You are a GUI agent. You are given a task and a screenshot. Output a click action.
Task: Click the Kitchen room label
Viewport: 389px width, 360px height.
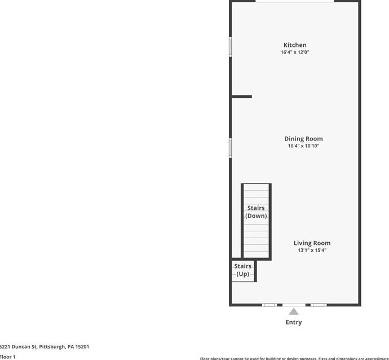click(x=295, y=45)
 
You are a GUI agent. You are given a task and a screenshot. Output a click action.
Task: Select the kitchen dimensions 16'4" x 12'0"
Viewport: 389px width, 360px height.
click(x=295, y=52)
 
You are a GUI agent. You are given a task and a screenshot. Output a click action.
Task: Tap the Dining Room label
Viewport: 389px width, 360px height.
click(x=303, y=139)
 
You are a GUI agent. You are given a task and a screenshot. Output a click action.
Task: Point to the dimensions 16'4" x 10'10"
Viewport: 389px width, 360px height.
click(x=303, y=146)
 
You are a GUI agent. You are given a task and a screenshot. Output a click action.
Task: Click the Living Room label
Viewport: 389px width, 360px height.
click(x=312, y=243)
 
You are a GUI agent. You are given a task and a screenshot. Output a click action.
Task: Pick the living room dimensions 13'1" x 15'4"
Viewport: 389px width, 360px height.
click(x=312, y=251)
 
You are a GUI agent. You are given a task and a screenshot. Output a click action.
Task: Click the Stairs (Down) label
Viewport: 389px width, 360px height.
click(x=256, y=212)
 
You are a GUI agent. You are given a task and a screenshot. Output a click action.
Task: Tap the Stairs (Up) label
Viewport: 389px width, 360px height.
click(x=243, y=270)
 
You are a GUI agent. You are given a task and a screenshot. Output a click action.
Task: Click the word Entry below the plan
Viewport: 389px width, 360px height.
click(x=294, y=322)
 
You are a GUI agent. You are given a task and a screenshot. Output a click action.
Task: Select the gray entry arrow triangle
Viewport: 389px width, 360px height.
click(x=294, y=311)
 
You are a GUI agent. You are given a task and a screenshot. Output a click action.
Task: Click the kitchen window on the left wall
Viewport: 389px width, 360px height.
click(x=230, y=47)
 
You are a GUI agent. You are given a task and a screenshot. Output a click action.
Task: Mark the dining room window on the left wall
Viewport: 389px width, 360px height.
click(x=230, y=148)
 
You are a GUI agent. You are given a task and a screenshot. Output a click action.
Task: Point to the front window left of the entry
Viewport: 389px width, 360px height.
click(x=269, y=305)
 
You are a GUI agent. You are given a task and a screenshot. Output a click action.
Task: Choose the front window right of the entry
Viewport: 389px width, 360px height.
click(x=319, y=305)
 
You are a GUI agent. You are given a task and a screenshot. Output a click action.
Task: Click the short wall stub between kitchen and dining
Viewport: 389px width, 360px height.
click(x=242, y=96)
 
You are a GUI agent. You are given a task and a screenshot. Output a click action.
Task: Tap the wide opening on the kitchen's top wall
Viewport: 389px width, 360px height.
click(x=295, y=1)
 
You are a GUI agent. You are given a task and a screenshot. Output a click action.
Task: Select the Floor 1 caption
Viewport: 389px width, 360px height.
click(x=8, y=357)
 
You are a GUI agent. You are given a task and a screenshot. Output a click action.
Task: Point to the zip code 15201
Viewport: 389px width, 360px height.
click(x=80, y=347)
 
